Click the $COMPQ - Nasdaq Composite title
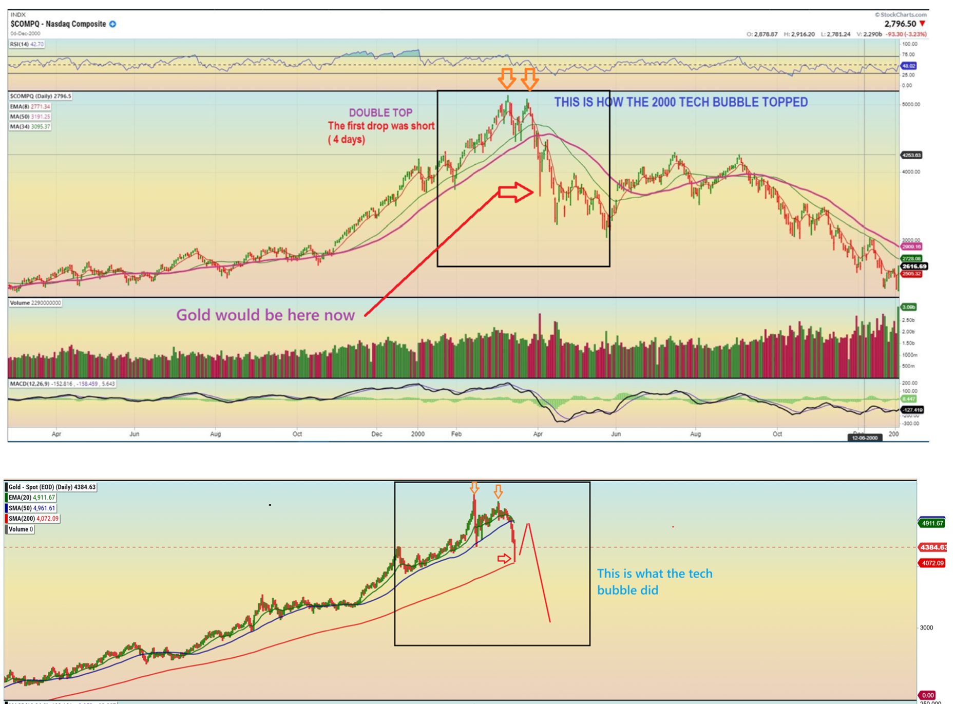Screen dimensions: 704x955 pyautogui.click(x=58, y=24)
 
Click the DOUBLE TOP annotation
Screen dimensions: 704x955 pyautogui.click(x=380, y=113)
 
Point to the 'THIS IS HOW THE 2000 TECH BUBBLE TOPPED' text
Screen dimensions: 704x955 pyautogui.click(x=680, y=102)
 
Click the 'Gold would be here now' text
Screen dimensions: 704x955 pyautogui.click(x=265, y=315)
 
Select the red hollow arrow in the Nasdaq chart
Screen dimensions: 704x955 pyautogui.click(x=515, y=193)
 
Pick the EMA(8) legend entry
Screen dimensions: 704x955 pyautogui.click(x=30, y=106)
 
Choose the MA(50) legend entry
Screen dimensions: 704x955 pyautogui.click(x=30, y=117)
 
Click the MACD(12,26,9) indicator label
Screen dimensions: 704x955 pyautogui.click(x=62, y=384)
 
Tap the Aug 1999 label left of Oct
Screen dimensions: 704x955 pyautogui.click(x=216, y=434)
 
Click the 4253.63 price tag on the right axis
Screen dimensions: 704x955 pyautogui.click(x=911, y=155)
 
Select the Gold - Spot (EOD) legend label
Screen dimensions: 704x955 pyautogui.click(x=51, y=487)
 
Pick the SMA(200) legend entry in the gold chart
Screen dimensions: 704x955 pyautogui.click(x=33, y=519)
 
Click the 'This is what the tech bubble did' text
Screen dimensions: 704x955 pyautogui.click(x=654, y=582)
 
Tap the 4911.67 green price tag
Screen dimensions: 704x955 pyautogui.click(x=931, y=523)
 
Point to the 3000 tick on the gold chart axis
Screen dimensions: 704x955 pyautogui.click(x=926, y=627)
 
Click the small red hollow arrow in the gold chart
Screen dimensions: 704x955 pyautogui.click(x=504, y=558)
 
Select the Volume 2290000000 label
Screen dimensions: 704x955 pyautogui.click(x=35, y=303)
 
